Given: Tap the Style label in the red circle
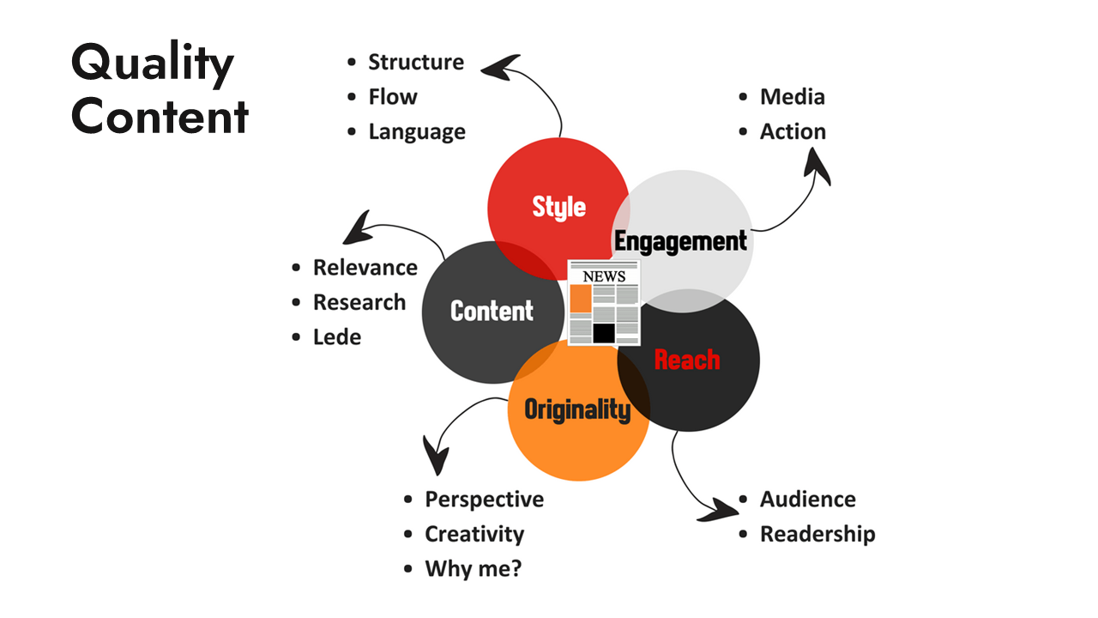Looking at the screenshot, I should [558, 207].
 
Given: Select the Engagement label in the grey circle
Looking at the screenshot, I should [680, 242].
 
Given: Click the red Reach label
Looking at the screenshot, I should [686, 360].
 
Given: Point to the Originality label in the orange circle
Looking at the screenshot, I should [577, 409].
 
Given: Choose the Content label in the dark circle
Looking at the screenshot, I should [492, 311].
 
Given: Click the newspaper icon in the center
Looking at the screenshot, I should [604, 303].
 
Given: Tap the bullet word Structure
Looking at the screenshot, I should [415, 62].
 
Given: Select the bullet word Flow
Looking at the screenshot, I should [393, 97].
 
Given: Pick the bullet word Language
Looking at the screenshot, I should [417, 132].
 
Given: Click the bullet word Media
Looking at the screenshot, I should [792, 97].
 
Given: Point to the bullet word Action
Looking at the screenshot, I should [793, 132].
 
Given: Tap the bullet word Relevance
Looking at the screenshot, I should [365, 268].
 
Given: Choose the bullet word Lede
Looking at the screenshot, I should [336, 337].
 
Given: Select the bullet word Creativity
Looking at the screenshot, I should [474, 534].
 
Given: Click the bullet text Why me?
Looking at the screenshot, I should [473, 569].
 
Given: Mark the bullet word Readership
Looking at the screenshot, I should [817, 534].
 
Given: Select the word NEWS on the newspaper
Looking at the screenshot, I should [604, 276].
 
